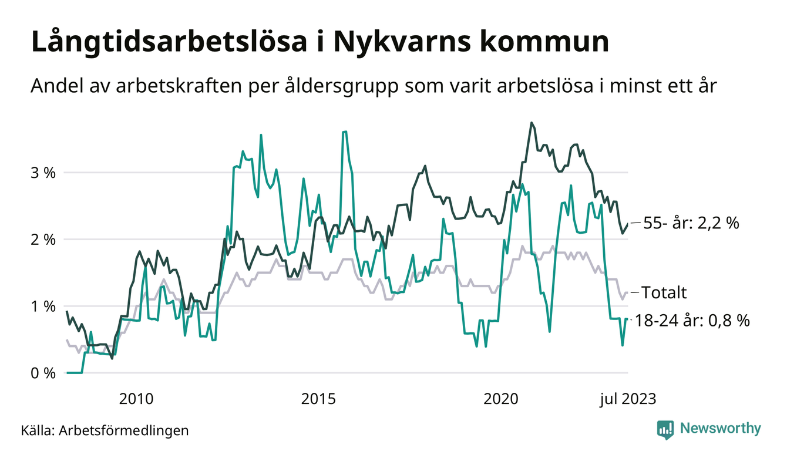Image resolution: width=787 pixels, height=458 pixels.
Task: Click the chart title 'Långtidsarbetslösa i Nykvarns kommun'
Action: click(x=319, y=43)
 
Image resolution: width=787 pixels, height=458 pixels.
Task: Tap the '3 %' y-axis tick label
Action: click(x=43, y=173)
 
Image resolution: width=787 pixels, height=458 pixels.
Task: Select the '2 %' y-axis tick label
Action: click(x=43, y=240)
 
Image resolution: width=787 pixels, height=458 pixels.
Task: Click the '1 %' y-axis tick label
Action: click(x=43, y=307)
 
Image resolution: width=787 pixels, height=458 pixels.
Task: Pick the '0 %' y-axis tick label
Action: click(x=43, y=373)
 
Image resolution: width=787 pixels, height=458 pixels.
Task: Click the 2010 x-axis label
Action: click(x=136, y=399)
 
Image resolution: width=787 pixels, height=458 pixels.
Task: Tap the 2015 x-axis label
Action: click(x=318, y=399)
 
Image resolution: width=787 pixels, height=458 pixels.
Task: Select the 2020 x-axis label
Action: click(x=500, y=399)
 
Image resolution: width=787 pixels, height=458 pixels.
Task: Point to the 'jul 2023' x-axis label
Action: click(x=627, y=399)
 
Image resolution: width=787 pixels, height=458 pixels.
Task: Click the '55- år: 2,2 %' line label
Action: click(x=691, y=223)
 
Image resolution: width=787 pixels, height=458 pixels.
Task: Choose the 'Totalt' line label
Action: click(x=664, y=292)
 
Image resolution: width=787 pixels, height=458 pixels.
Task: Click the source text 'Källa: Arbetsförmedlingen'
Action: click(x=105, y=430)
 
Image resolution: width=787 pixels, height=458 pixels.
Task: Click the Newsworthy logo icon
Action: click(x=665, y=429)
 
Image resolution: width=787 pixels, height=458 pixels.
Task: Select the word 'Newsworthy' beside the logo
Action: click(x=720, y=429)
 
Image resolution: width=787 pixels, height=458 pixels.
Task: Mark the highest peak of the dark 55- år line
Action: click(x=532, y=123)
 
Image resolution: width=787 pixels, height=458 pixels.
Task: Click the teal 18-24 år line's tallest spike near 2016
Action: click(x=345, y=132)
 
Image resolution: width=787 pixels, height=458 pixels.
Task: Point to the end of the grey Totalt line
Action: click(x=627, y=292)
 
